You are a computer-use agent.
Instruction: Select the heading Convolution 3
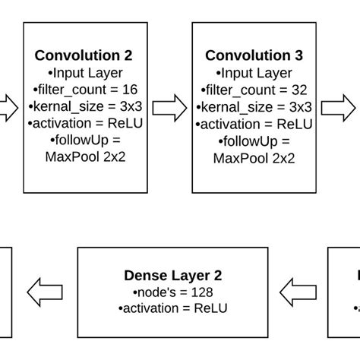(254, 55)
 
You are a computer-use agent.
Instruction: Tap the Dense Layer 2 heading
(172, 276)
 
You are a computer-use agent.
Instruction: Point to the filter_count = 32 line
(254, 90)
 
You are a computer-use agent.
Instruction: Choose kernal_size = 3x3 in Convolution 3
(254, 106)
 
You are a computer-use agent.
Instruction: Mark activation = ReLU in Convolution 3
(254, 124)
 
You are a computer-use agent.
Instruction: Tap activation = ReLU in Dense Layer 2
(172, 308)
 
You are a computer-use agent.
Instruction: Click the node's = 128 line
(172, 292)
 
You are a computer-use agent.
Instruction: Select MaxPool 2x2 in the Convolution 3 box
(254, 157)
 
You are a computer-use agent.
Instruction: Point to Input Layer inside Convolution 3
(254, 73)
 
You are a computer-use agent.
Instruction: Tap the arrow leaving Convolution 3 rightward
(339, 107)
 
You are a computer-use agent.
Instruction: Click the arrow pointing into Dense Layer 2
(297, 291)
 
